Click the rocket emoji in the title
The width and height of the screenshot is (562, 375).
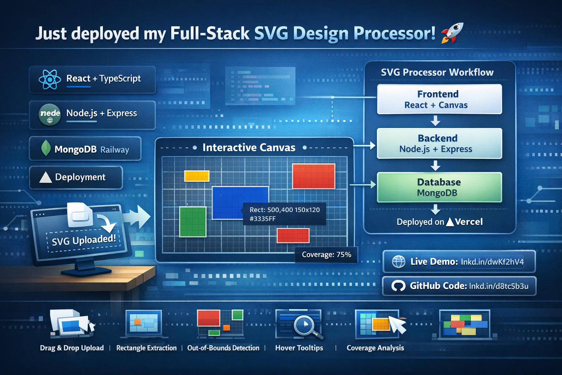452,33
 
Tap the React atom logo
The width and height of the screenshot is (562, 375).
49,79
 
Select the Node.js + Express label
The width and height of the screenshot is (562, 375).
101,113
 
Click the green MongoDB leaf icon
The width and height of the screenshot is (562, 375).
46,148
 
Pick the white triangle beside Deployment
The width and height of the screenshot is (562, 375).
45,177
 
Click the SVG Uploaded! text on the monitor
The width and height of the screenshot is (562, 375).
84,240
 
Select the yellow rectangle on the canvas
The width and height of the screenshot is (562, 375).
196,176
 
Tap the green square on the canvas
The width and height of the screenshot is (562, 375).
193,222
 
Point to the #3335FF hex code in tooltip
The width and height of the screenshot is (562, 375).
262,219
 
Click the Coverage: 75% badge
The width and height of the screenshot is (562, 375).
326,255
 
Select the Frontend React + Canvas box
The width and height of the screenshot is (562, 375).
439,99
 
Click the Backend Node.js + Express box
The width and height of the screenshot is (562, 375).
439,143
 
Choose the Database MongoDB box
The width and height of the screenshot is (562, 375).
439,187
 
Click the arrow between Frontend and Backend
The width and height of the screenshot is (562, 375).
435,120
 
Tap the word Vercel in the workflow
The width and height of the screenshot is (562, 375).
469,222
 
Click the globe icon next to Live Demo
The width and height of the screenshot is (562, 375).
398,261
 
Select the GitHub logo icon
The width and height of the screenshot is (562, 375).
398,286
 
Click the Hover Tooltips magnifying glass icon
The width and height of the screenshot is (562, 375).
304,325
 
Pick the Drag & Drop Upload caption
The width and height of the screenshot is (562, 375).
72,348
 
